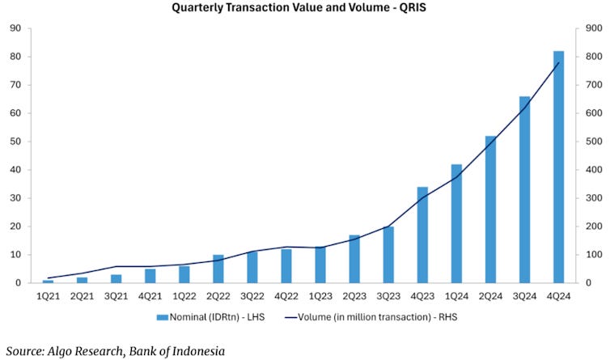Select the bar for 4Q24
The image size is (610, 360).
click(x=558, y=167)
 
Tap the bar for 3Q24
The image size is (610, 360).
click(x=524, y=189)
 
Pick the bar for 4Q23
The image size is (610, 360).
click(x=422, y=235)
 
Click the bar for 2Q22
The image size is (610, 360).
click(x=218, y=269)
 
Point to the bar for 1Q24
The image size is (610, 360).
click(x=456, y=223)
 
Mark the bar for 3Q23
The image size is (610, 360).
click(x=388, y=254)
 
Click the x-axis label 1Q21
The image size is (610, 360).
click(x=48, y=296)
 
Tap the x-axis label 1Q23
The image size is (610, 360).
click(x=320, y=296)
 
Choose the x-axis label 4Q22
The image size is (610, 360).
click(x=286, y=296)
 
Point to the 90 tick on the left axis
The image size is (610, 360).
click(x=15, y=28)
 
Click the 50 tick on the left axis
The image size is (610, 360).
click(x=15, y=142)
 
